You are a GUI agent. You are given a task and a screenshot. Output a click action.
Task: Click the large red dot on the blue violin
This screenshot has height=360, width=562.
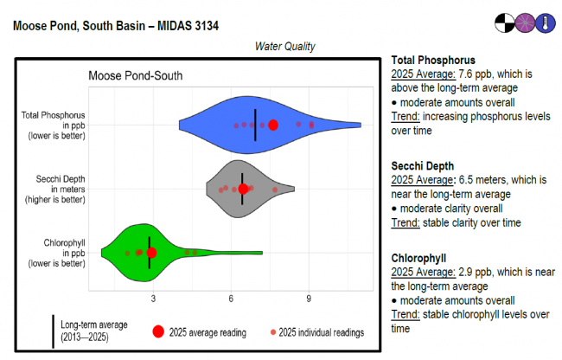(x=273, y=125)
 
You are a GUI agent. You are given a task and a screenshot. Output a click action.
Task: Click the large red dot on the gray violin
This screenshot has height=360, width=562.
(x=244, y=189)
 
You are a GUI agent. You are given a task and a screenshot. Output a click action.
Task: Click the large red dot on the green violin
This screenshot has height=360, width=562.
(x=151, y=253)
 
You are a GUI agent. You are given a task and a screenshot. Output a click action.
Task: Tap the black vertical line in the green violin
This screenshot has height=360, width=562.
(x=149, y=242)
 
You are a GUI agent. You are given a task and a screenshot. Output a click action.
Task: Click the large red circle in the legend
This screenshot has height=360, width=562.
(x=158, y=331)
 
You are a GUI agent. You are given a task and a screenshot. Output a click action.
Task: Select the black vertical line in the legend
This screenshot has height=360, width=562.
(x=53, y=331)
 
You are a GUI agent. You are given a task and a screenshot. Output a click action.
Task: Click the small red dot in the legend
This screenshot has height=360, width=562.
(x=273, y=331)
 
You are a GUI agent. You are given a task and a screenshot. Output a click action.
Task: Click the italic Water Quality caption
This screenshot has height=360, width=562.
(x=284, y=46)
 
